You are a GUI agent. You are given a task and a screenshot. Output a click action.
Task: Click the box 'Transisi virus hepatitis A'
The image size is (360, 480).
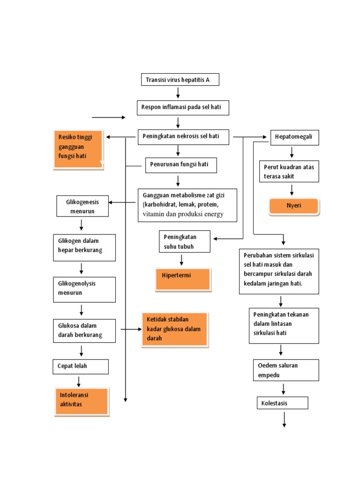(x=180, y=80)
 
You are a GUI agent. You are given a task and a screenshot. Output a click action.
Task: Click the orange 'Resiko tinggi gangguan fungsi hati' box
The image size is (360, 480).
(x=78, y=149)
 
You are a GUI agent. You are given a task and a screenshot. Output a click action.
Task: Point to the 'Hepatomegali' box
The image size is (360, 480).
(x=295, y=138)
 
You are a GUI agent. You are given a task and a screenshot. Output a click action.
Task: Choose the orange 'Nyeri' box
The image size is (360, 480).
(x=294, y=206)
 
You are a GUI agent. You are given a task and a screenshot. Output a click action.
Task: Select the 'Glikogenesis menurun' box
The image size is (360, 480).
(x=82, y=206)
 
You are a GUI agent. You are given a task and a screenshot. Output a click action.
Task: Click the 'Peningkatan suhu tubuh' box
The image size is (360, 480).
(x=184, y=241)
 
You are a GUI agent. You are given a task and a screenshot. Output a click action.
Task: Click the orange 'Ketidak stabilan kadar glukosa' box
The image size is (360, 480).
(x=174, y=330)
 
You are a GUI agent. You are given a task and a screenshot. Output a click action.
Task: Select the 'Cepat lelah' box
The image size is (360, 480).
(x=80, y=367)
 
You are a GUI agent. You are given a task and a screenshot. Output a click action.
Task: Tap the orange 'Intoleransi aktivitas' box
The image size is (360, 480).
(x=81, y=401)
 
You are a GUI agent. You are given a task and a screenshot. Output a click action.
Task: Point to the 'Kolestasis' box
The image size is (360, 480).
(x=282, y=403)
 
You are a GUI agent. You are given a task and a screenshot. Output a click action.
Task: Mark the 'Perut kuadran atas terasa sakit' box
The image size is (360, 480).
(x=289, y=172)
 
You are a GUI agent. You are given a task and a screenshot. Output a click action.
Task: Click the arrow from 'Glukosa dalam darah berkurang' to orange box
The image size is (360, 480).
(x=131, y=330)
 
